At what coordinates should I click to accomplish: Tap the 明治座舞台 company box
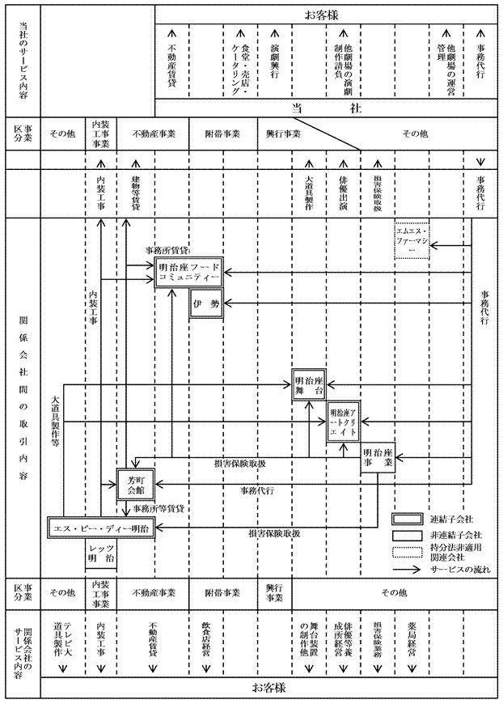click(313, 385)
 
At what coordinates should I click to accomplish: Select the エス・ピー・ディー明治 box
click(99, 528)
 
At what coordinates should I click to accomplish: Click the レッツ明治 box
click(102, 555)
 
